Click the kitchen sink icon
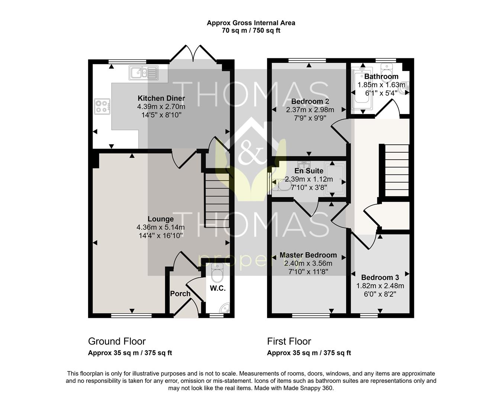tap(144, 72)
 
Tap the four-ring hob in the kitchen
tap(102, 107)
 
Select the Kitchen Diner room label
tap(161, 98)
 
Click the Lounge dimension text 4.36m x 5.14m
tap(161, 227)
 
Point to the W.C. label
tap(218, 288)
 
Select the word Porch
tap(180, 294)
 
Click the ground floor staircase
tap(217, 200)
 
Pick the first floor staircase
tap(397, 170)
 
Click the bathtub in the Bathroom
tap(362, 88)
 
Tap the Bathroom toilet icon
tap(387, 69)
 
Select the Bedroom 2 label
tap(310, 101)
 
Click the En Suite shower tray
tap(336, 179)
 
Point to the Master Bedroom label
tap(308, 255)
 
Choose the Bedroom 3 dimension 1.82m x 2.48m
tap(380, 286)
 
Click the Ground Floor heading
tap(117, 341)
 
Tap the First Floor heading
tap(289, 341)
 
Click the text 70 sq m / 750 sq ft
tap(251, 30)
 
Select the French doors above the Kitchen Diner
tap(193, 53)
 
